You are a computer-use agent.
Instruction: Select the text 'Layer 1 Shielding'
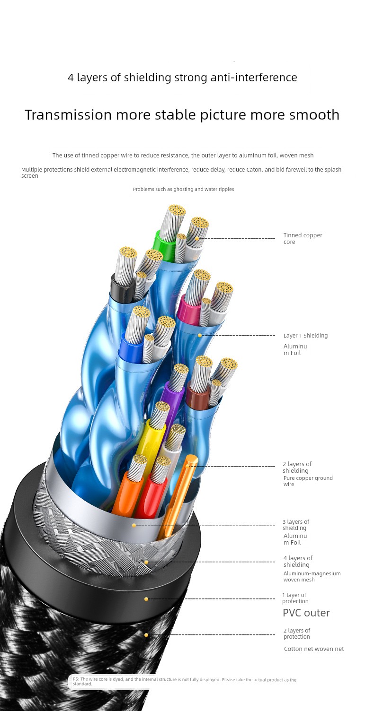pyautogui.click(x=305, y=336)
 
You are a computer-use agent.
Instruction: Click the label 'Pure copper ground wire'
pyautogui.click(x=307, y=481)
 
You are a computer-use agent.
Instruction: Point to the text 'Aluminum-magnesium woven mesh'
pyautogui.click(x=312, y=576)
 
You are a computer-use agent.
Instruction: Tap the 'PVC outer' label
pyautogui.click(x=306, y=613)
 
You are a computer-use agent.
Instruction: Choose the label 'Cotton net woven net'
pyautogui.click(x=314, y=649)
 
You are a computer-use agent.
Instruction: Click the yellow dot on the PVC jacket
pyautogui.click(x=146, y=599)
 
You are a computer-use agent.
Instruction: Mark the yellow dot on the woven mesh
pyautogui.click(x=146, y=562)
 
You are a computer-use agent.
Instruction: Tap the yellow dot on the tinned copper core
pyautogui.click(x=197, y=239)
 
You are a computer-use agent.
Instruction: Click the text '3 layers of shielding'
pyautogui.click(x=296, y=525)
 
